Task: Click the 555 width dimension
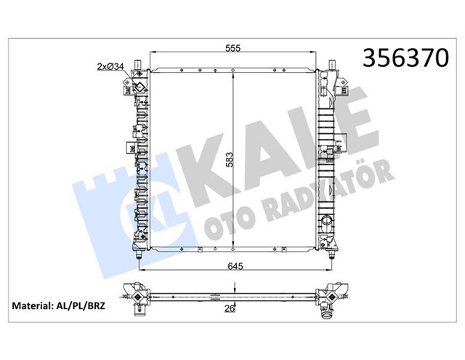232,48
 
